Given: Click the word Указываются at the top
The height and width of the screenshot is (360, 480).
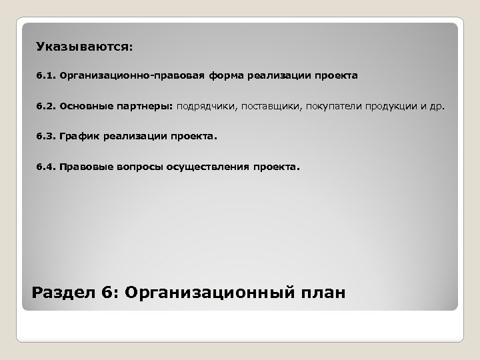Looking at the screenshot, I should [84, 47].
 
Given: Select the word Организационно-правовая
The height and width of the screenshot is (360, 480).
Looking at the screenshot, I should [107, 76].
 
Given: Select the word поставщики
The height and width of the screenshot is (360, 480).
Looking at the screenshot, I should [271, 106].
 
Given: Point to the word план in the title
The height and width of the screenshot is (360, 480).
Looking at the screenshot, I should [323, 291].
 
